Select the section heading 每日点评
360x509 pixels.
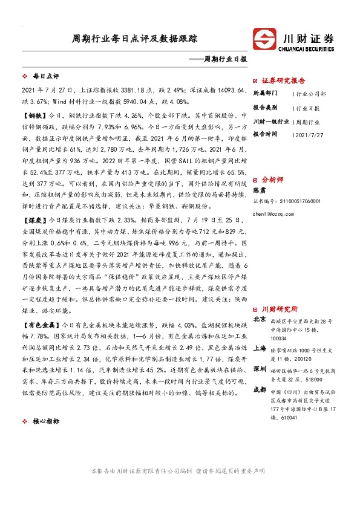tap(45, 77)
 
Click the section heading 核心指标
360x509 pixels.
tap(45, 421)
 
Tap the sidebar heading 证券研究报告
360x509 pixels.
tap(283, 80)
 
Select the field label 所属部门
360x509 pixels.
tap(264, 94)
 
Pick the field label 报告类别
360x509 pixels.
tap(264, 108)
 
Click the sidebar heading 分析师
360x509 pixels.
tap(270, 180)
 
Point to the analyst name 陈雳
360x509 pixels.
tap(260, 190)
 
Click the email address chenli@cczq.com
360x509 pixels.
tap(270, 214)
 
